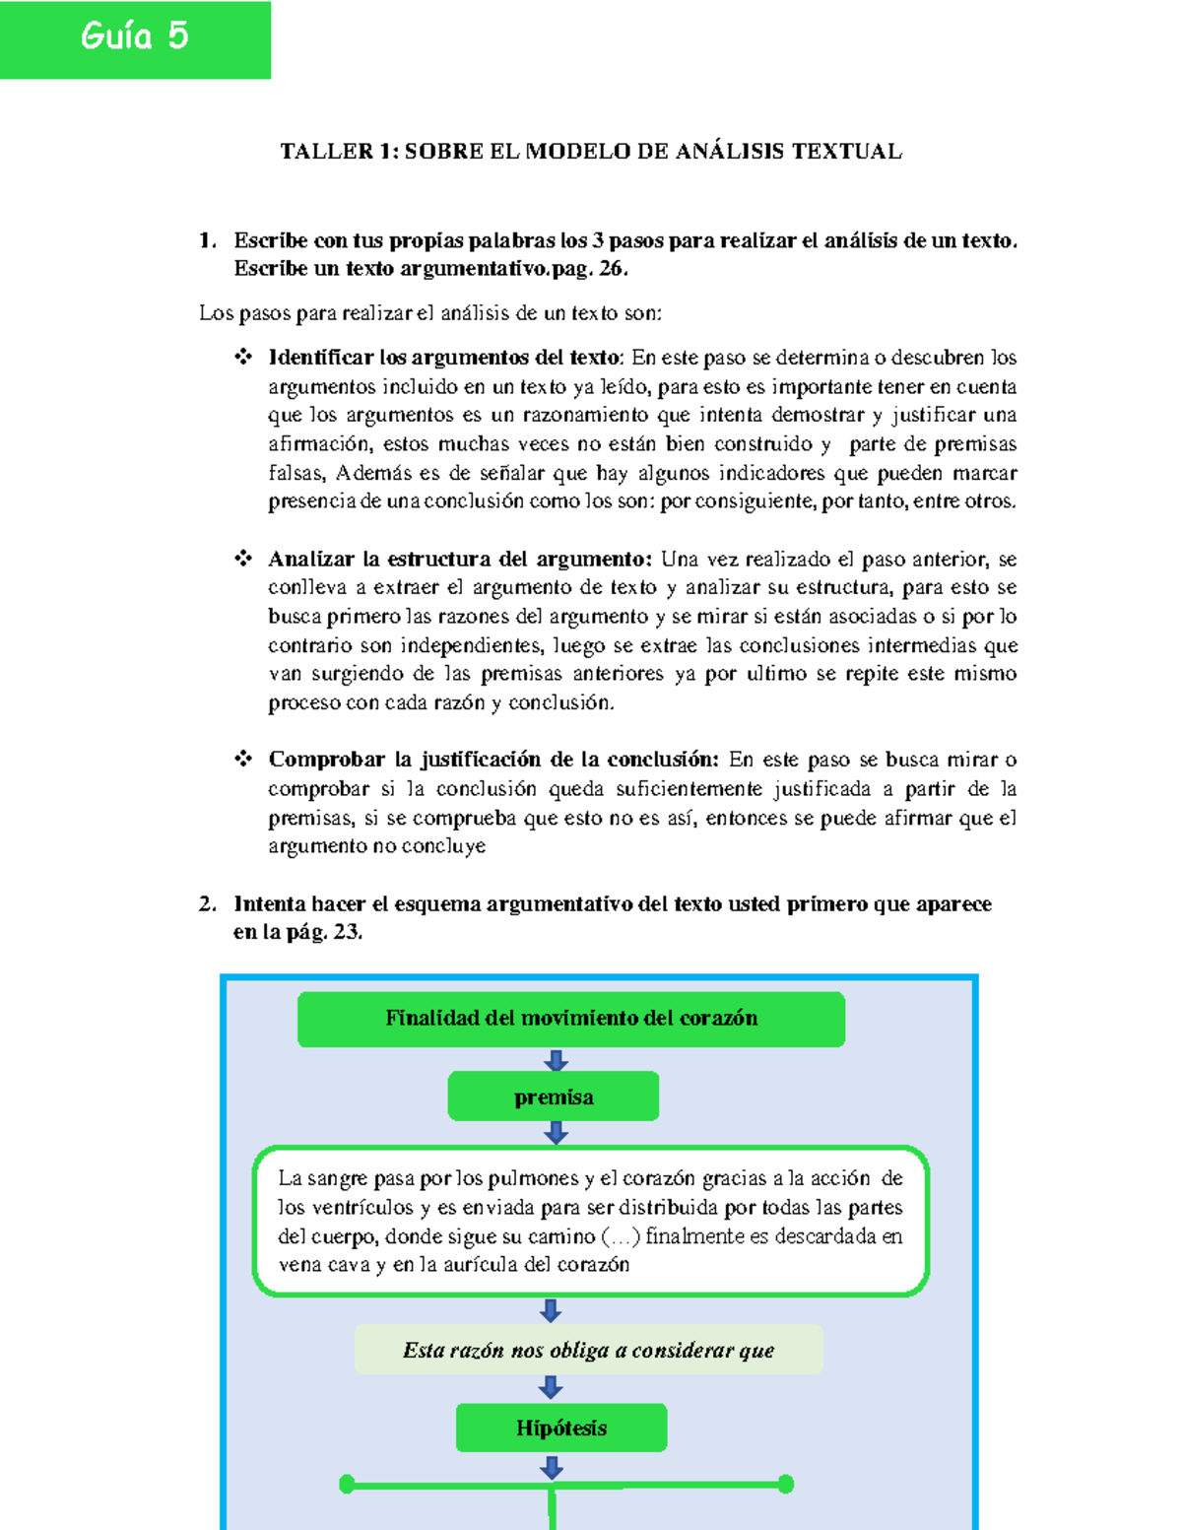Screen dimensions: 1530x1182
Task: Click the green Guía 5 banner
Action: [x=135, y=39]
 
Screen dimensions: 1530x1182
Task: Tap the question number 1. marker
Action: [x=207, y=240]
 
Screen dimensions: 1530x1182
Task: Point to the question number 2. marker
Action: [x=207, y=904]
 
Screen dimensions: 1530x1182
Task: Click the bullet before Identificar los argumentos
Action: [x=243, y=357]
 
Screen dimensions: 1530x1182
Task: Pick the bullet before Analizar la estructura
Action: [x=243, y=559]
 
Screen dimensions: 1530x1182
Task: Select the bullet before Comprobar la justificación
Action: [x=243, y=759]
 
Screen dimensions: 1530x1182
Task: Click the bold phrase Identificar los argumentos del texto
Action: [x=445, y=358]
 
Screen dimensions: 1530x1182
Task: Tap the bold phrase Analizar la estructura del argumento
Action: [x=459, y=560]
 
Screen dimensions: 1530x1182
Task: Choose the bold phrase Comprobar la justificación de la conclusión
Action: [x=493, y=760]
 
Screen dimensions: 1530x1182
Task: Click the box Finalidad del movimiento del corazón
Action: [x=571, y=1019]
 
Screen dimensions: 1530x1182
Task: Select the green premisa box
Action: [x=554, y=1097]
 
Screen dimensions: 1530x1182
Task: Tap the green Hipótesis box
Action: [x=561, y=1428]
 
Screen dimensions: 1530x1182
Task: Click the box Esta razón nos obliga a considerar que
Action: [x=588, y=1350]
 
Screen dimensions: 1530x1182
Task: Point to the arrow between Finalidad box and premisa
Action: [x=556, y=1060]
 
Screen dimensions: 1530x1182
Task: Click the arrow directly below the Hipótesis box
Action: [x=552, y=1468]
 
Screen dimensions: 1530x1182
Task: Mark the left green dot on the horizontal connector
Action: [x=347, y=1484]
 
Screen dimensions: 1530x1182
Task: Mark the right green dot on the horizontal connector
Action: [x=785, y=1484]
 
